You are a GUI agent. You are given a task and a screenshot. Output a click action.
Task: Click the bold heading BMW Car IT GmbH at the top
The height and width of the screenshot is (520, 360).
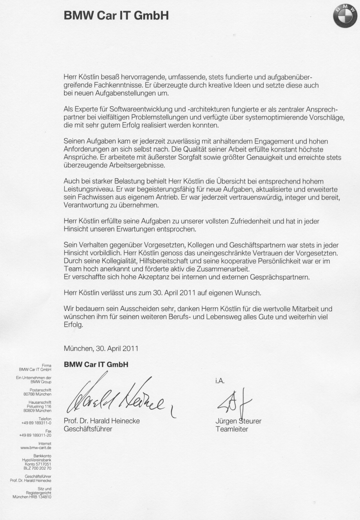click(116, 16)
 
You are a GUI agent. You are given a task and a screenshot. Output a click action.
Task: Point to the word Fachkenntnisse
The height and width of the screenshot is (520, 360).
click(117, 86)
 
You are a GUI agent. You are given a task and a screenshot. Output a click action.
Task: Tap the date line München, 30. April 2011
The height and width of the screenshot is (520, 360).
click(101, 348)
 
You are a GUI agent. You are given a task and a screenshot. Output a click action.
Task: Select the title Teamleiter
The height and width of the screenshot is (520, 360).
click(232, 429)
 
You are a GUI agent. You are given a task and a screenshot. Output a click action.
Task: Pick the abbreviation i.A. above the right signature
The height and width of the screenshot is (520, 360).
click(220, 381)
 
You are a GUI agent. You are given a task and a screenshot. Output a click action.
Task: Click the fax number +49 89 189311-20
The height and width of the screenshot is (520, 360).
click(35, 435)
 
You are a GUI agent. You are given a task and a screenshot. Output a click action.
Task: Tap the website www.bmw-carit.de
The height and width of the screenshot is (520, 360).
click(36, 448)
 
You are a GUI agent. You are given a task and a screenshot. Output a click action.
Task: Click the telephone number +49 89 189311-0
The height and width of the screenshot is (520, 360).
click(36, 423)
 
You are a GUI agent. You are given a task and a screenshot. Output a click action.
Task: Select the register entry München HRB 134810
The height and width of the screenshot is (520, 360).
click(32, 497)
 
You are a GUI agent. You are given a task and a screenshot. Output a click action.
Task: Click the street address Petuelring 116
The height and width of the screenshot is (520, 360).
click(39, 406)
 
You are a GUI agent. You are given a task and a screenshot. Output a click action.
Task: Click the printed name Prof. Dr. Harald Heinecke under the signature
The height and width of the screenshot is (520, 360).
click(101, 421)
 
